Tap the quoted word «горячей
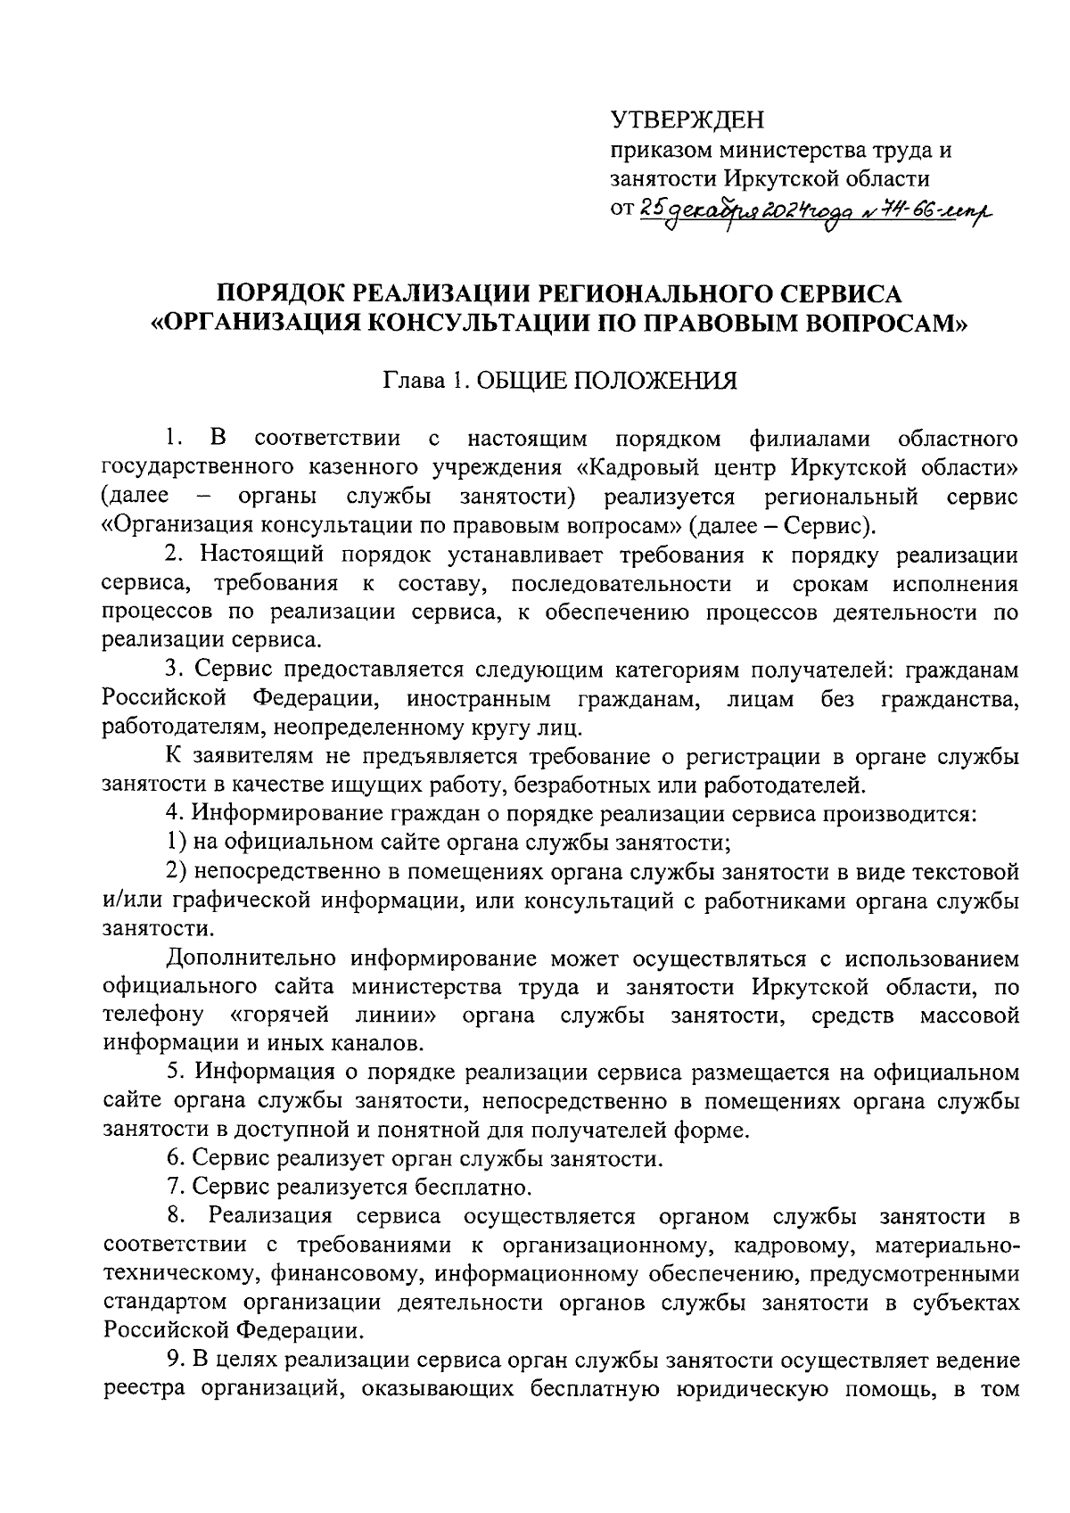click(280, 1016)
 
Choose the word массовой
click(967, 1016)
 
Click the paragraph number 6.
click(174, 1159)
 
